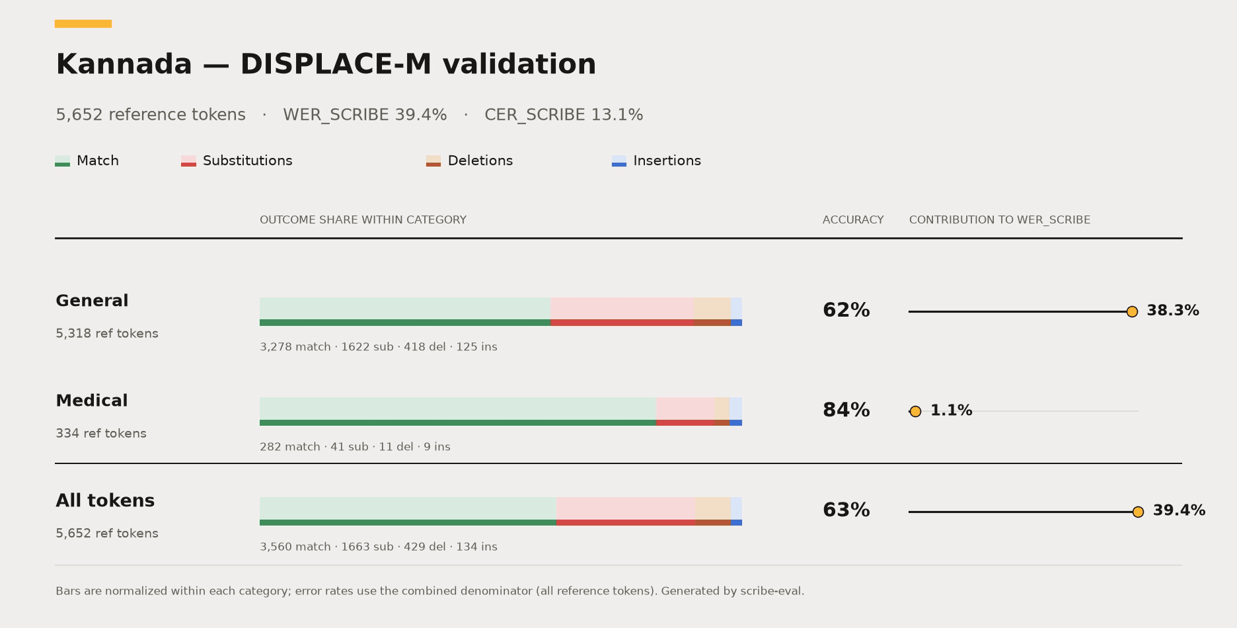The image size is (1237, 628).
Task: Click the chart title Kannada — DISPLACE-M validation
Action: [326, 64]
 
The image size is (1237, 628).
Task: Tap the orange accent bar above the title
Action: [83, 24]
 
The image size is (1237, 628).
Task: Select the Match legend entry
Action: [87, 161]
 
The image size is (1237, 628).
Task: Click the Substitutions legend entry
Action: [237, 161]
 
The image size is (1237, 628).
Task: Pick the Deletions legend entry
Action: [469, 161]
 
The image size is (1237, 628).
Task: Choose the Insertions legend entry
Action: [656, 161]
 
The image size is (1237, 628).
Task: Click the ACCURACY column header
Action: [853, 220]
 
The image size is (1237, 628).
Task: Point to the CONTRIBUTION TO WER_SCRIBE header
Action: [1000, 220]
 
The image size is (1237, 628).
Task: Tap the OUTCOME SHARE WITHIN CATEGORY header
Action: [363, 220]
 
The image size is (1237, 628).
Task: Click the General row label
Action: [92, 301]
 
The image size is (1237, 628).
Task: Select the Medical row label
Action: [92, 401]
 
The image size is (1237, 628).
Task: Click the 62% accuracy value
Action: [846, 310]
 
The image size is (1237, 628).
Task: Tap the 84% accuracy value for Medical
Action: [846, 410]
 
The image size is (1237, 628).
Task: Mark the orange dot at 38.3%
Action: [1132, 311]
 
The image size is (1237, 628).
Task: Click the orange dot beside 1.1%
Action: [915, 411]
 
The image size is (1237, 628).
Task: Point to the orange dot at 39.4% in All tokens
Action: [1138, 512]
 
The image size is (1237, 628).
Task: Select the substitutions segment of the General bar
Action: [622, 311]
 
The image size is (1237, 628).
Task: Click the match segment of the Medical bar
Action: [458, 411]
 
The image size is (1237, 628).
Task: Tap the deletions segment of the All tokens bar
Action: [712, 511]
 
